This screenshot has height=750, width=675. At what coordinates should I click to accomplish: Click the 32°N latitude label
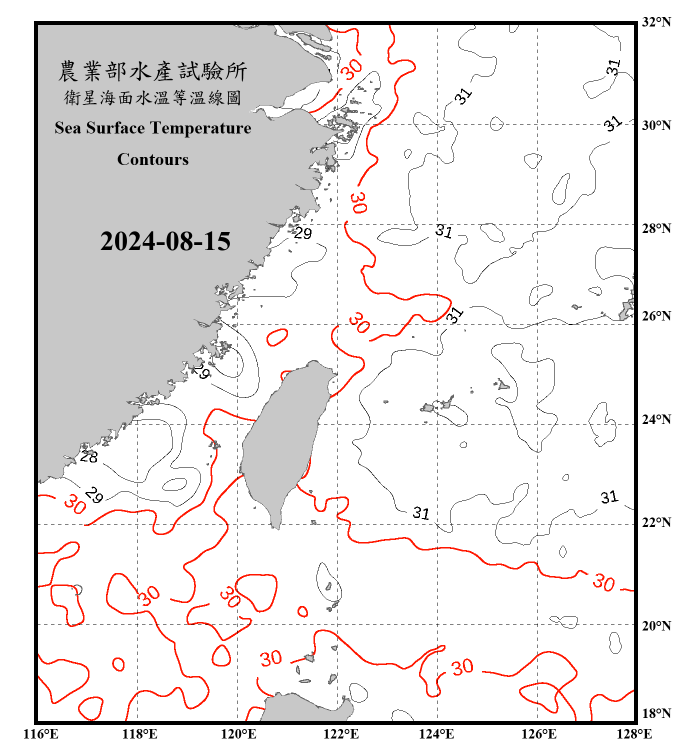point(656,22)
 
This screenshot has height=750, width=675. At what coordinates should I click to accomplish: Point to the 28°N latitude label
point(656,228)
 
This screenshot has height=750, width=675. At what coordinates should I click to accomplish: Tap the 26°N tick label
point(656,316)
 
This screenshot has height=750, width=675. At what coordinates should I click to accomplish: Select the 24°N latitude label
point(656,419)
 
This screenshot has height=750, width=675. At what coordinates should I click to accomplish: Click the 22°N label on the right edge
point(656,522)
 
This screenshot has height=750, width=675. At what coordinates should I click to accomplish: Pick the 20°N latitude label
point(656,625)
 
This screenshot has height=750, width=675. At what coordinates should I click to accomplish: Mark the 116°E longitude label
point(41,734)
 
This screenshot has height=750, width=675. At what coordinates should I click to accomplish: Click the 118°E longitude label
point(139,734)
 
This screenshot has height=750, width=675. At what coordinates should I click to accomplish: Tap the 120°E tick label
point(238,734)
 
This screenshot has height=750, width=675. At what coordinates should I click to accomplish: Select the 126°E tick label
point(538,734)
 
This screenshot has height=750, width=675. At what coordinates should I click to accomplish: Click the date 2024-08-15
point(165,241)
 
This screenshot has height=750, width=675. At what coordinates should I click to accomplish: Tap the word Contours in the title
point(153,159)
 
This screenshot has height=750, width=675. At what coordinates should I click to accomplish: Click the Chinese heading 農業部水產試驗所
point(152,71)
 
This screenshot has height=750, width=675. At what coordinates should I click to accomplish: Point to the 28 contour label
point(89,456)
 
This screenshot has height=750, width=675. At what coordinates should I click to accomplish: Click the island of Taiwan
point(282,440)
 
